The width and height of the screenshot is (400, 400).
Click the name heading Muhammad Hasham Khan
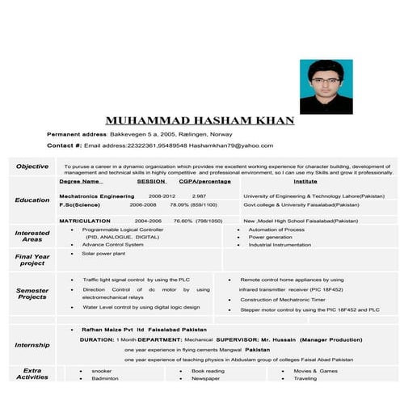click(200, 120)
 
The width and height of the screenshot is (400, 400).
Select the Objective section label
click(32, 166)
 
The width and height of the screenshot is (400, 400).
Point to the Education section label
click(32, 200)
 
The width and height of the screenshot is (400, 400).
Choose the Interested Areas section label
click(32, 236)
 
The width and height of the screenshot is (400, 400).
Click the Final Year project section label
click(32, 259)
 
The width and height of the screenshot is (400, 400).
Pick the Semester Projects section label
click(32, 293)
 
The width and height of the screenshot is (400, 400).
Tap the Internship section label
click(32, 345)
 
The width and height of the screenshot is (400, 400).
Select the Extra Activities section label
click(32, 373)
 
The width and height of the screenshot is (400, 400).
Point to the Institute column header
click(305, 182)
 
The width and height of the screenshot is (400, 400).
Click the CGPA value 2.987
click(199, 196)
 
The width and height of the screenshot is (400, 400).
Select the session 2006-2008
click(143, 205)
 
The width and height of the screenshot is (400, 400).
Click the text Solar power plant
click(103, 254)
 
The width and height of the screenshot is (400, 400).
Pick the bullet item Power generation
click(271, 237)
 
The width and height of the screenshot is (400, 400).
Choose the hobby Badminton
click(105, 378)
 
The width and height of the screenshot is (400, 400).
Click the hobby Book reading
click(208, 370)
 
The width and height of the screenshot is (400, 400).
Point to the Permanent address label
click(77, 133)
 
